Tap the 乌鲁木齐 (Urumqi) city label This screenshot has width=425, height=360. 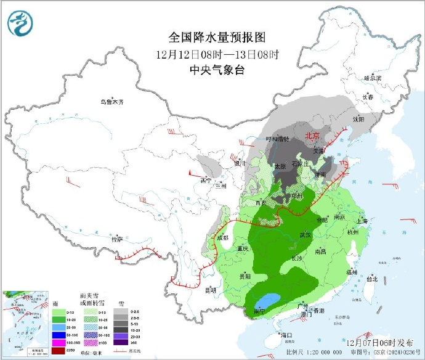[112, 102]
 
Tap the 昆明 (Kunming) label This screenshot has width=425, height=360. [211, 289]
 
